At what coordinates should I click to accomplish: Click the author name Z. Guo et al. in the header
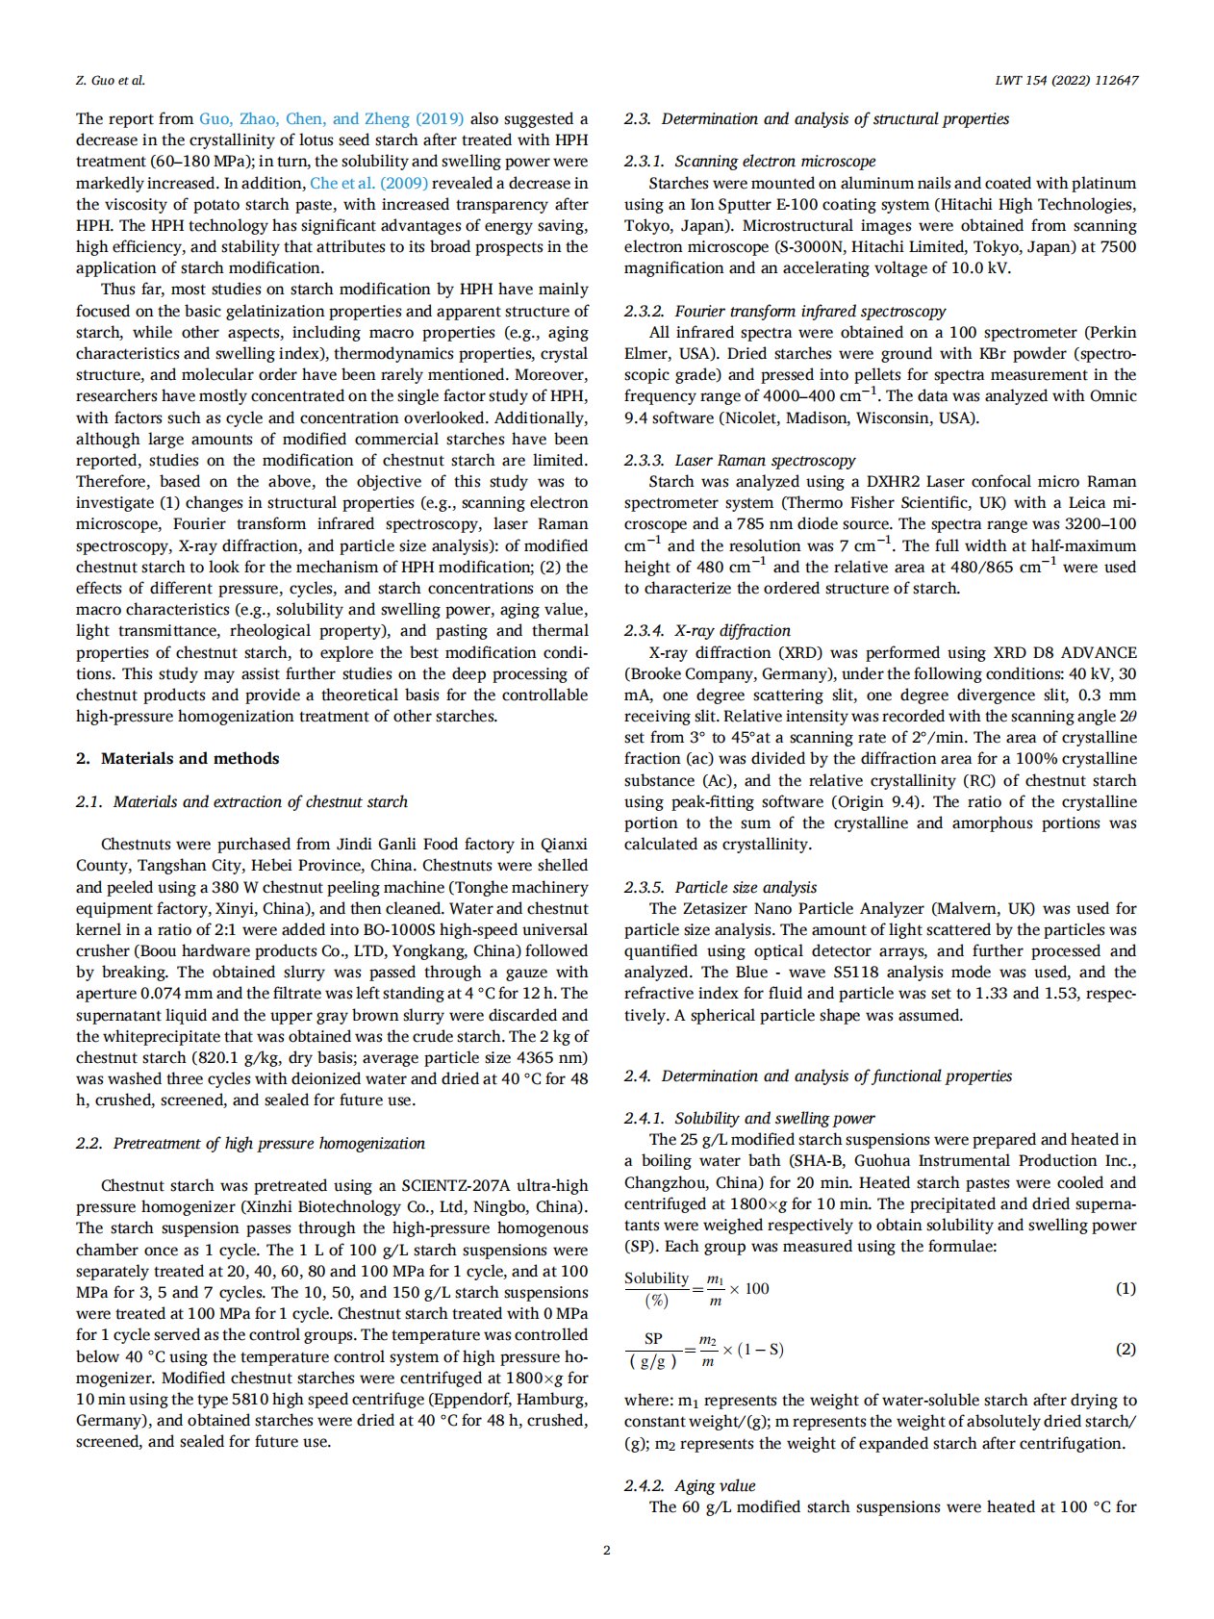click(x=111, y=80)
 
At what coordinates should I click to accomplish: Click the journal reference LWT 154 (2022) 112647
click(x=1066, y=80)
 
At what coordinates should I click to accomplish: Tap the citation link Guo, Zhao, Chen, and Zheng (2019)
click(x=331, y=119)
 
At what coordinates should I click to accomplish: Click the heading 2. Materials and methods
click(x=178, y=758)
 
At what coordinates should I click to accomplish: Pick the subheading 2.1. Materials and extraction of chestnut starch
click(x=241, y=801)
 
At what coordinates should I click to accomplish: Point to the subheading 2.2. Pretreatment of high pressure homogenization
click(x=250, y=1143)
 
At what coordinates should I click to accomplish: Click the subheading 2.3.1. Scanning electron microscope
click(x=749, y=162)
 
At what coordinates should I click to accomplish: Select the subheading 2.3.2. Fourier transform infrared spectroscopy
click(x=784, y=311)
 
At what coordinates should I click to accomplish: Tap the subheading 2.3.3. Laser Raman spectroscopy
click(x=739, y=460)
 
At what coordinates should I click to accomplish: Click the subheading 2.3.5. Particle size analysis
click(x=720, y=887)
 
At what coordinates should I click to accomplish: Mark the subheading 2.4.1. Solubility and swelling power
click(x=748, y=1118)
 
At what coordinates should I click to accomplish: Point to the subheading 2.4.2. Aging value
click(x=690, y=1485)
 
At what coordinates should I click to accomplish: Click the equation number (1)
click(x=1125, y=1288)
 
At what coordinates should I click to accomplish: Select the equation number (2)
click(x=1125, y=1349)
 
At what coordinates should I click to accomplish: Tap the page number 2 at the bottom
click(x=606, y=1550)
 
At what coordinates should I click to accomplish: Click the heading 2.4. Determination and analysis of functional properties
click(x=818, y=1075)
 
